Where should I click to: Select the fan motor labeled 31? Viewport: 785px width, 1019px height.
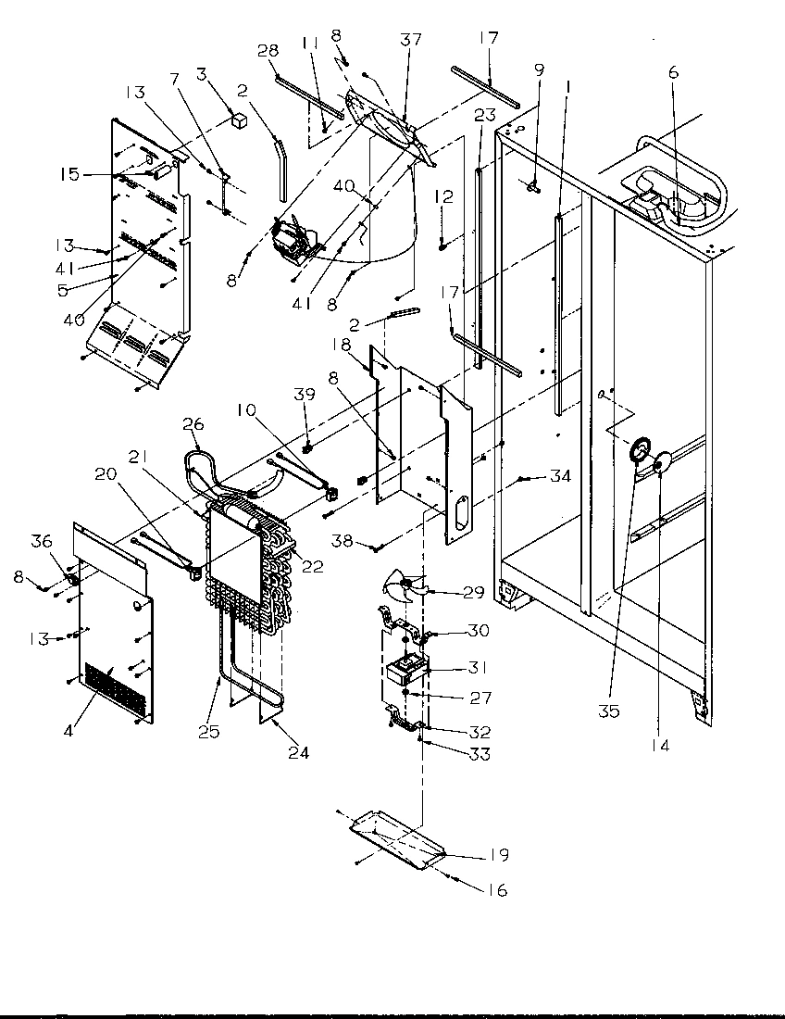pyautogui.click(x=404, y=668)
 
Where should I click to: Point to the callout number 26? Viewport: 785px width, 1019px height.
pyautogui.click(x=192, y=425)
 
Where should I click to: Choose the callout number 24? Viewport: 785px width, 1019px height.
pyautogui.click(x=297, y=752)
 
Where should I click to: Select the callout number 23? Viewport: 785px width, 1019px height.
pyautogui.click(x=484, y=115)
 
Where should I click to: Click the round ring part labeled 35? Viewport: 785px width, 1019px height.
pyautogui.click(x=638, y=452)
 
